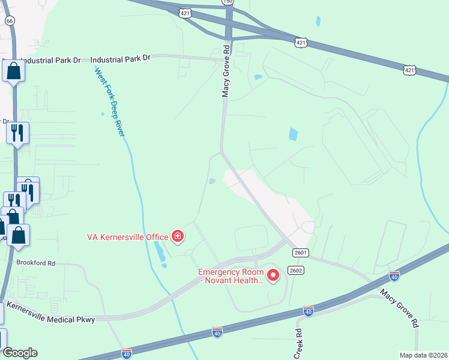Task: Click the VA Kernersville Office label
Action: pos(128,237)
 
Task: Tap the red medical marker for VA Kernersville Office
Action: pos(177,237)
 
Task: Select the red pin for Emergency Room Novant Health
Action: pos(273,275)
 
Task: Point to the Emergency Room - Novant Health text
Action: pos(231,276)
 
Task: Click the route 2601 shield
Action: pos(301,253)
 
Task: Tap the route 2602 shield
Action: pos(295,271)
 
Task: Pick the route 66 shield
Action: pos(10,20)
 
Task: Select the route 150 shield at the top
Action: pos(227,2)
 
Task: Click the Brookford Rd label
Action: pos(36,263)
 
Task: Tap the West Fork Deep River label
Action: pos(109,101)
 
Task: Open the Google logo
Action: pos(19,353)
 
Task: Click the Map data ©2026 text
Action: pos(423,355)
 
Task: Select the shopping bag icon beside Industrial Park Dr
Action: pos(13,72)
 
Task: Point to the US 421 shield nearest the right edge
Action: pos(409,70)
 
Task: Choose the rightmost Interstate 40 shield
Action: pos(394,276)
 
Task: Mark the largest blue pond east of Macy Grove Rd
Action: pos(293,134)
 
